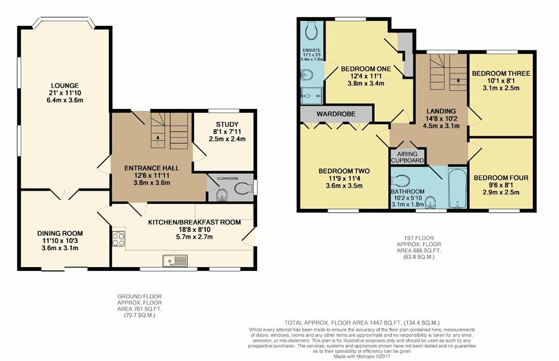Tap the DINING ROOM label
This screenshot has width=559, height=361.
[60, 234]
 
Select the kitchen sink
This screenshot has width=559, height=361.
[175, 260]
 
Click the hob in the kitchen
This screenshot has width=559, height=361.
[119, 239]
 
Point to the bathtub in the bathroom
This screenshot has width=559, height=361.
[458, 189]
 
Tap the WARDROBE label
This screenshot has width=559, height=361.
[336, 114]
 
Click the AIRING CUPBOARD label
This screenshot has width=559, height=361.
[408, 156]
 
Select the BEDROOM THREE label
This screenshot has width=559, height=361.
[500, 73]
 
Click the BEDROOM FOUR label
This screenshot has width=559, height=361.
[500, 178]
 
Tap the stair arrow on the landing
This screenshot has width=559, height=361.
[458, 81]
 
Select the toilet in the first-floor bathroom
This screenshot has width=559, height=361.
[401, 180]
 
